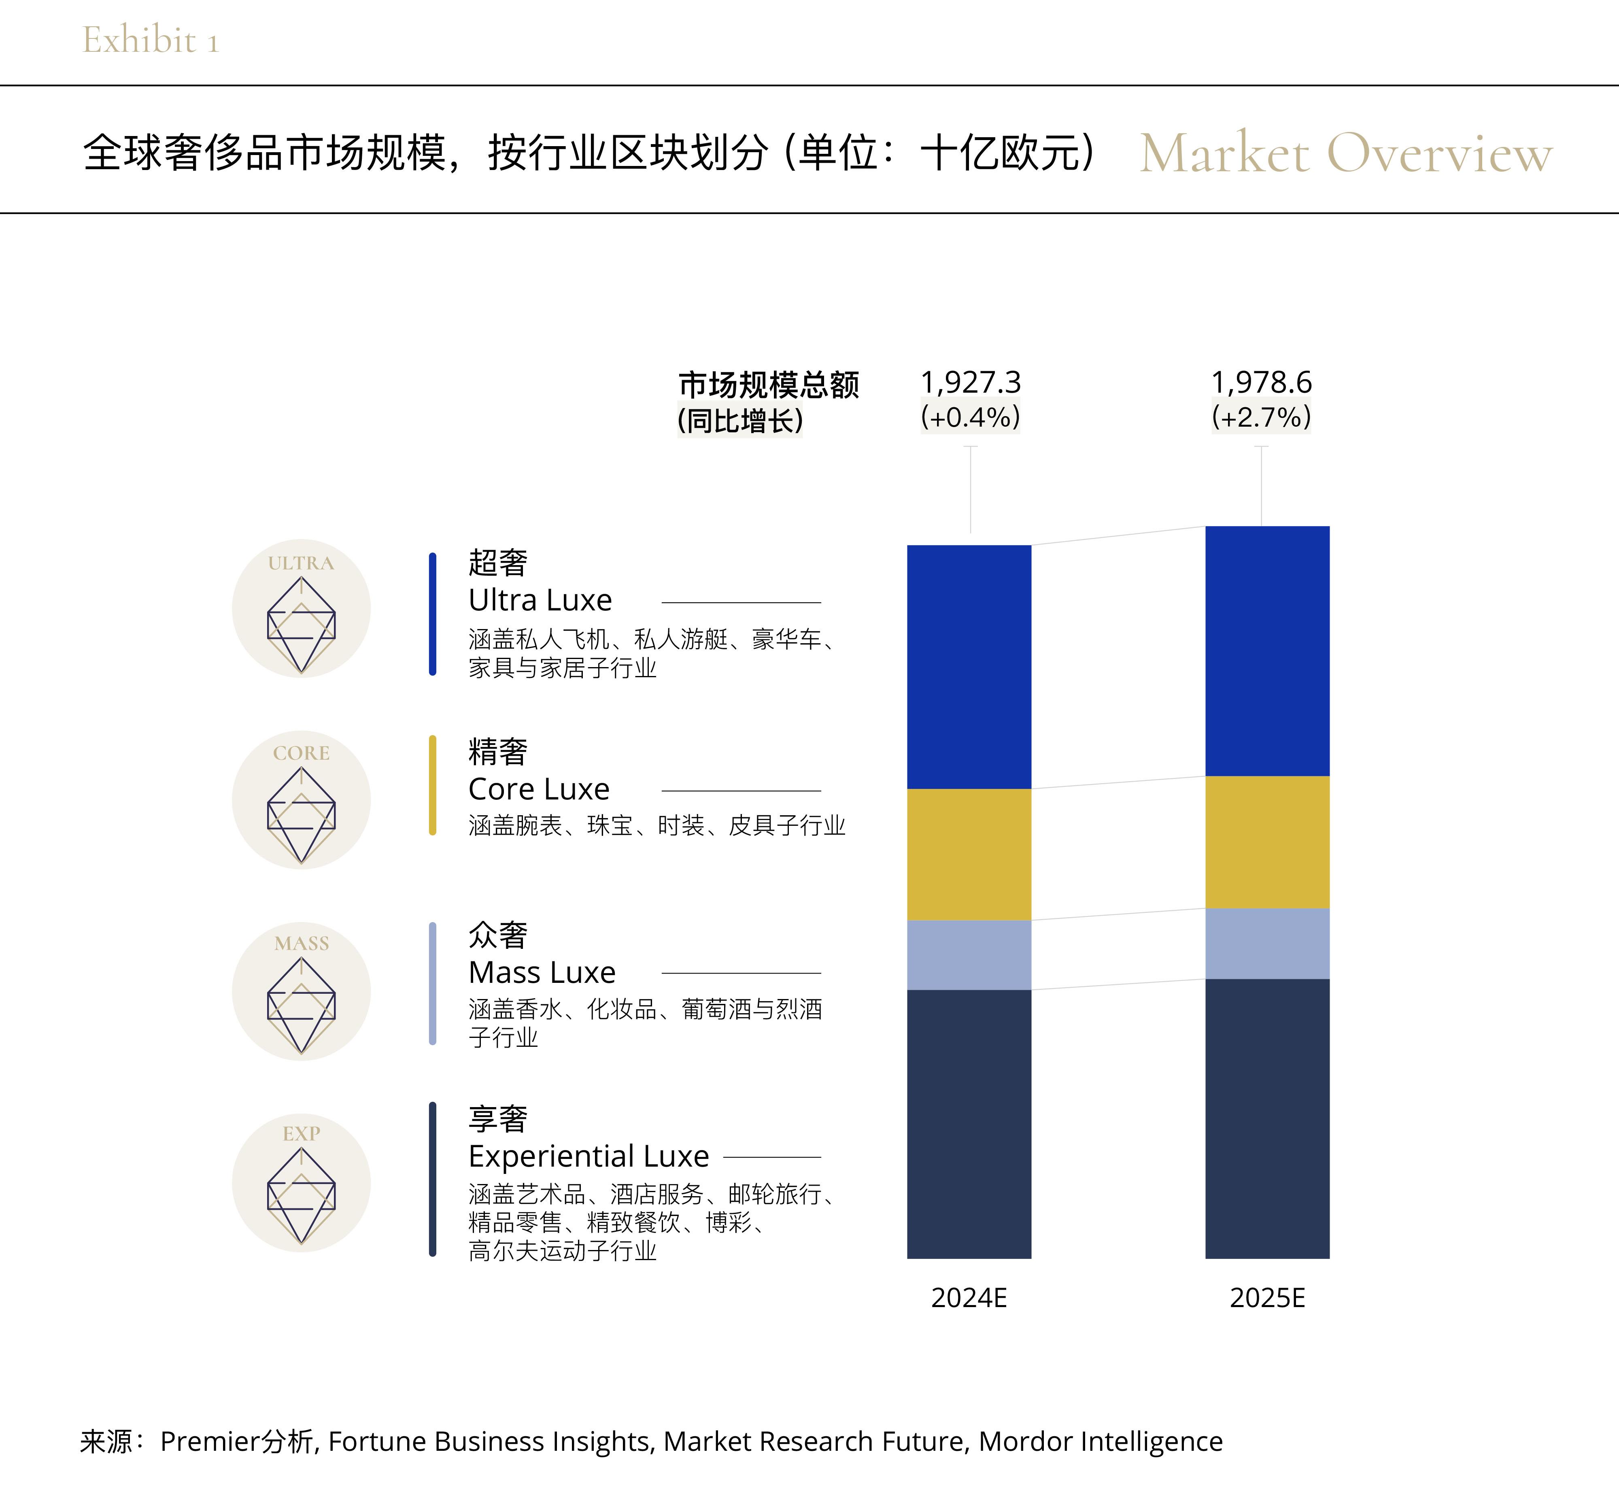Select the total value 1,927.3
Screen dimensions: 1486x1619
tap(970, 382)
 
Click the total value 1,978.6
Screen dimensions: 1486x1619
tap(1261, 382)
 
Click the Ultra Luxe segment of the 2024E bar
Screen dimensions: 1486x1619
tap(969, 667)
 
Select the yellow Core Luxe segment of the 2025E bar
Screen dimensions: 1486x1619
tap(1267, 842)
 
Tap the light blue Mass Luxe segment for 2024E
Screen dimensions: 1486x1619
tap(969, 955)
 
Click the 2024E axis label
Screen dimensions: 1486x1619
tap(969, 1298)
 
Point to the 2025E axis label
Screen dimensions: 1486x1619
tap(1267, 1298)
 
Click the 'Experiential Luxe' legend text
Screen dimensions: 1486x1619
tap(589, 1156)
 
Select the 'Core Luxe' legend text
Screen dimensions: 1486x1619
tap(539, 790)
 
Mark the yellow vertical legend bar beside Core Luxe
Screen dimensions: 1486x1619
tap(433, 785)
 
